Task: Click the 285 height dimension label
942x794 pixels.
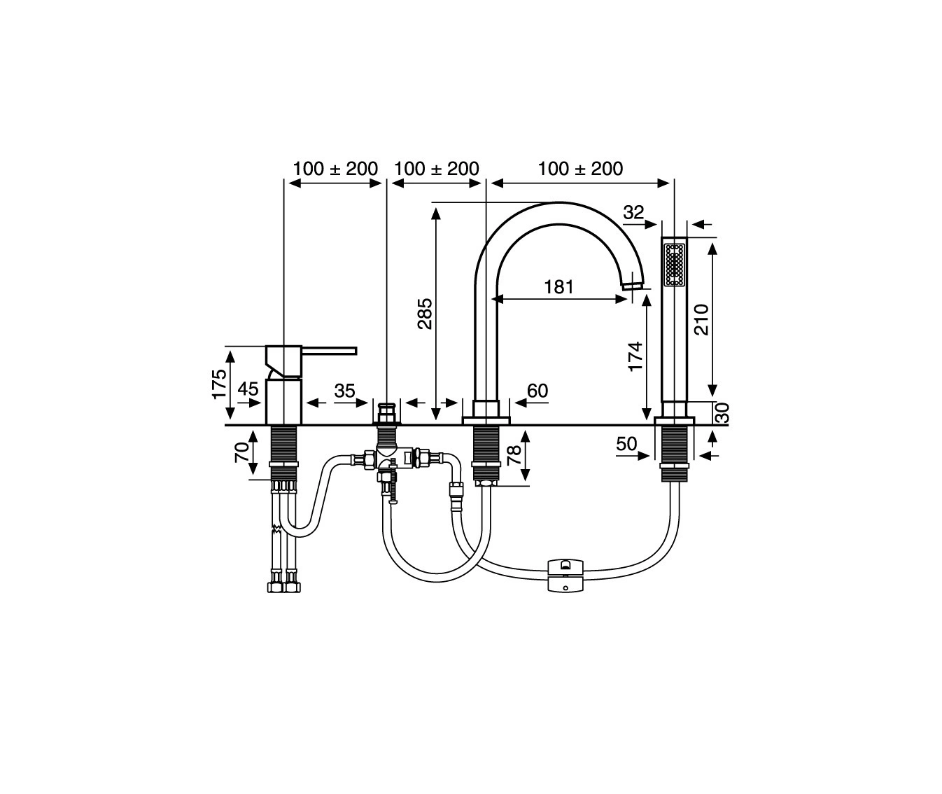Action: tap(425, 314)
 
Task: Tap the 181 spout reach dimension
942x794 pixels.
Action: tap(558, 287)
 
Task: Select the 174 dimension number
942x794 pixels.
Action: tap(635, 356)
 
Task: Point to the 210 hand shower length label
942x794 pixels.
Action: tap(701, 319)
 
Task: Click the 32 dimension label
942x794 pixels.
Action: tap(633, 212)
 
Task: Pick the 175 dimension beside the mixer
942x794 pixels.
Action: tap(219, 384)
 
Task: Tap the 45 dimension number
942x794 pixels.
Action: tap(248, 389)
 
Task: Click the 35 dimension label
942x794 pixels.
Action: tap(345, 391)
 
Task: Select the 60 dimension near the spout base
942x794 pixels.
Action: tap(537, 391)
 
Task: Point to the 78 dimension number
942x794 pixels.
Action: tap(514, 455)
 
